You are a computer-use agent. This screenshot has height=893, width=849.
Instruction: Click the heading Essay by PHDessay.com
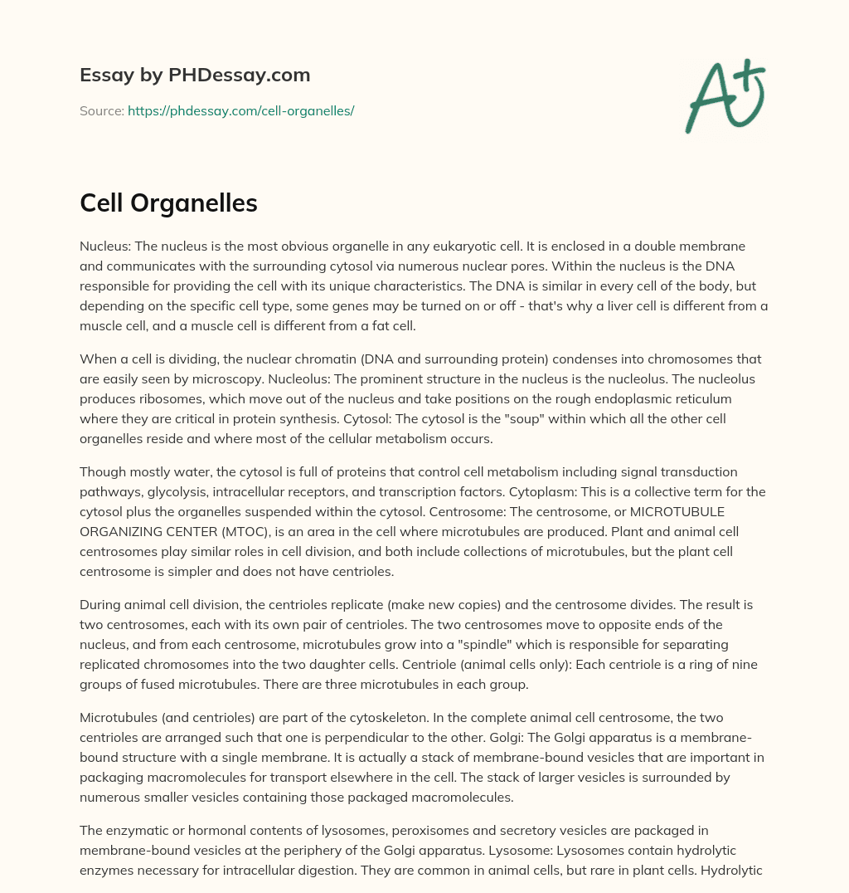[195, 76]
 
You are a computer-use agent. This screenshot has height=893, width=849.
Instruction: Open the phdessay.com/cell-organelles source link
[240, 110]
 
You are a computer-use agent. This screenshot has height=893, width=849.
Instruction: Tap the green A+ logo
[725, 96]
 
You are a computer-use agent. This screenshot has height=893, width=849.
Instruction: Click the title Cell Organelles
[168, 204]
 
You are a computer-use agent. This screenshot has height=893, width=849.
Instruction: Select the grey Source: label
[101, 110]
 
